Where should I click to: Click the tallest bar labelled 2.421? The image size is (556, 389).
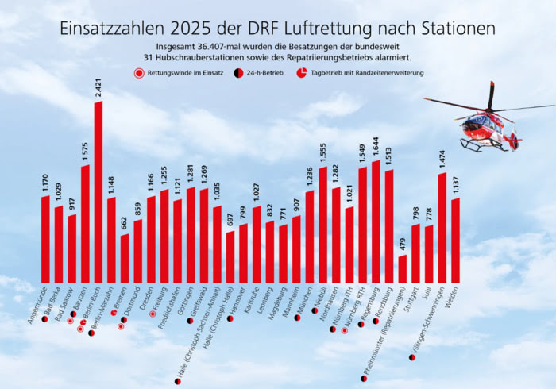98,191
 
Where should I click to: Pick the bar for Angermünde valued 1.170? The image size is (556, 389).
45,238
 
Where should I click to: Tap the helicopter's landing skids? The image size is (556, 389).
488,148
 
